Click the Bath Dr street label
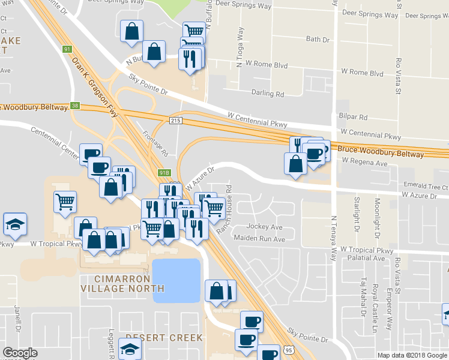pyautogui.click(x=318, y=40)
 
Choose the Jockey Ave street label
pyautogui.click(x=264, y=227)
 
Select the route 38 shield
pyautogui.click(x=74, y=105)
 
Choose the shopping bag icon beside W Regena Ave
pyautogui.click(x=295, y=164)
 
